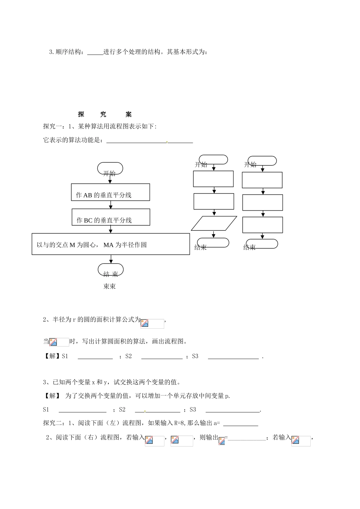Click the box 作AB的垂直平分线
110,192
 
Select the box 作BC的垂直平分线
111,217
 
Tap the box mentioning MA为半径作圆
111,244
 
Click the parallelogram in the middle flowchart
214,223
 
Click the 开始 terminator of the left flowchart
110,169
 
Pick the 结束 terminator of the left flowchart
111,270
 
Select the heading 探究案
105,114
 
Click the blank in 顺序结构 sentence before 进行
95,53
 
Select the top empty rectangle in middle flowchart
213,179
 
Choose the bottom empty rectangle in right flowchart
263,225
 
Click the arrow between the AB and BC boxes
111,205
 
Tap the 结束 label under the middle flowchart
200,248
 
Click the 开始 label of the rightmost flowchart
250,164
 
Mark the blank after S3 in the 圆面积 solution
233,357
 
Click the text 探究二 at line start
52,423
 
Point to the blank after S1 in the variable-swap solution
83,410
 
